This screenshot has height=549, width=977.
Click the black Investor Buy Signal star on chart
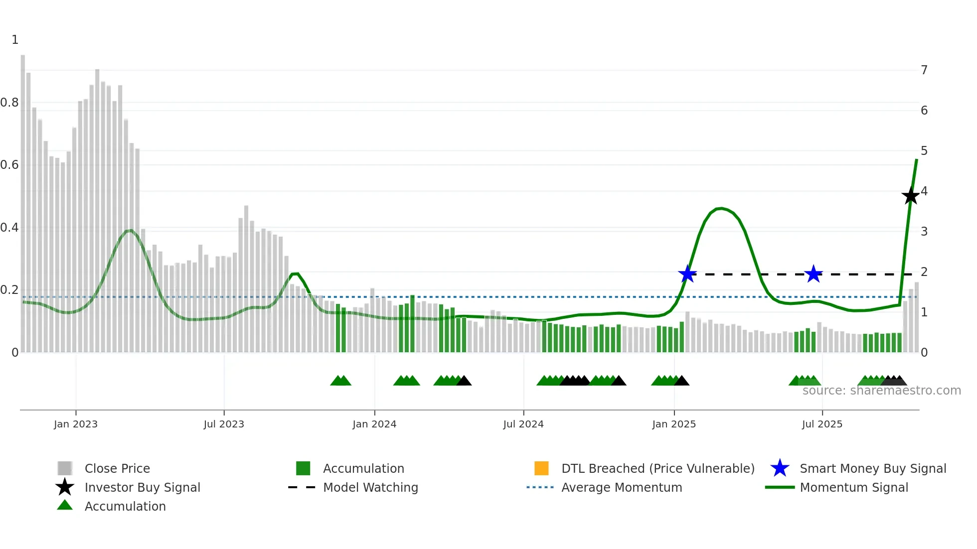click(910, 196)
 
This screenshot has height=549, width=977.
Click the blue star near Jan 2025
click(687, 274)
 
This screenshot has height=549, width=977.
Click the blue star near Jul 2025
click(814, 274)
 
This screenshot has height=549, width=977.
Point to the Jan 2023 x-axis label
click(76, 424)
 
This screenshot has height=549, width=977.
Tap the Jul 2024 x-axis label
click(523, 424)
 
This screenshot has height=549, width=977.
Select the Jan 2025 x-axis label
click(673, 424)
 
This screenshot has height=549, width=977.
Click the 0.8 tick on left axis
click(9, 103)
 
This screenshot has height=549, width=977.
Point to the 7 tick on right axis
click(924, 70)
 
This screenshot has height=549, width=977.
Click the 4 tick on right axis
click(924, 191)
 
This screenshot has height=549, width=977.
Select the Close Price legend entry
click(117, 468)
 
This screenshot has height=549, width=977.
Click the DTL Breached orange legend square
click(541, 468)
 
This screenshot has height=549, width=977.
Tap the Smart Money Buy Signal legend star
click(780, 468)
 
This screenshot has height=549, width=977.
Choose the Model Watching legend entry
click(370, 487)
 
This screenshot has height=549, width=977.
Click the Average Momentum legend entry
click(621, 487)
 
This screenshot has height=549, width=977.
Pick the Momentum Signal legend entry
click(853, 487)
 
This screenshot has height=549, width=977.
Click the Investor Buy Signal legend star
click(65, 487)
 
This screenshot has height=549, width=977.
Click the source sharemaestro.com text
click(881, 391)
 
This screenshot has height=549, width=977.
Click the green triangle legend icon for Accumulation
click(65, 506)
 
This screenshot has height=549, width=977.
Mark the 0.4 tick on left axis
click(9, 228)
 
